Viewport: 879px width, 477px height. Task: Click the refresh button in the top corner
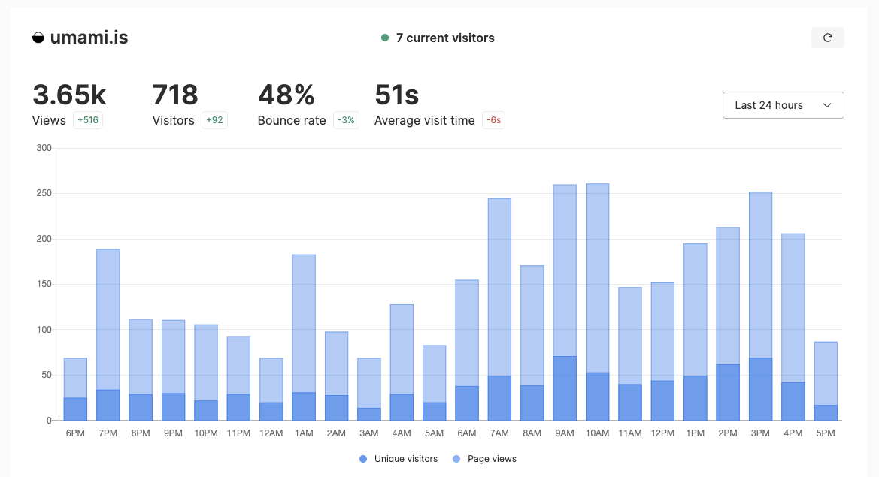click(x=827, y=38)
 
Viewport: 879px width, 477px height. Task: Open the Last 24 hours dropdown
click(x=783, y=105)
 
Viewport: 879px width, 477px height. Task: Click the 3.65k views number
click(x=69, y=95)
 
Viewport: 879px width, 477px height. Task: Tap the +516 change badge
click(x=88, y=120)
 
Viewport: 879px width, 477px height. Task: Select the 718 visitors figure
click(x=175, y=95)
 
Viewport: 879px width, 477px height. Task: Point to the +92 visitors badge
click(x=214, y=120)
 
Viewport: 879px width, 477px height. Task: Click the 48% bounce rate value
click(x=286, y=95)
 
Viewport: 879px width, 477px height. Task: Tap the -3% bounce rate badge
click(x=347, y=120)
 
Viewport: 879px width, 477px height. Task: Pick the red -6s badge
click(x=493, y=120)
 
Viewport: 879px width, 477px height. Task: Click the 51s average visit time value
click(x=396, y=95)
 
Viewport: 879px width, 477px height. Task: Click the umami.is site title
click(x=89, y=38)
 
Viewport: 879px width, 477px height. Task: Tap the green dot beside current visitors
click(x=385, y=38)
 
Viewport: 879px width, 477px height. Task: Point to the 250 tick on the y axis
click(x=44, y=194)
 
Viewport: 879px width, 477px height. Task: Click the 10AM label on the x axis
click(x=597, y=433)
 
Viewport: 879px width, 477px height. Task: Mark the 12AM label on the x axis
click(x=271, y=433)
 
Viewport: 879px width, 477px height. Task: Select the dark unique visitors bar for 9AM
click(x=565, y=388)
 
